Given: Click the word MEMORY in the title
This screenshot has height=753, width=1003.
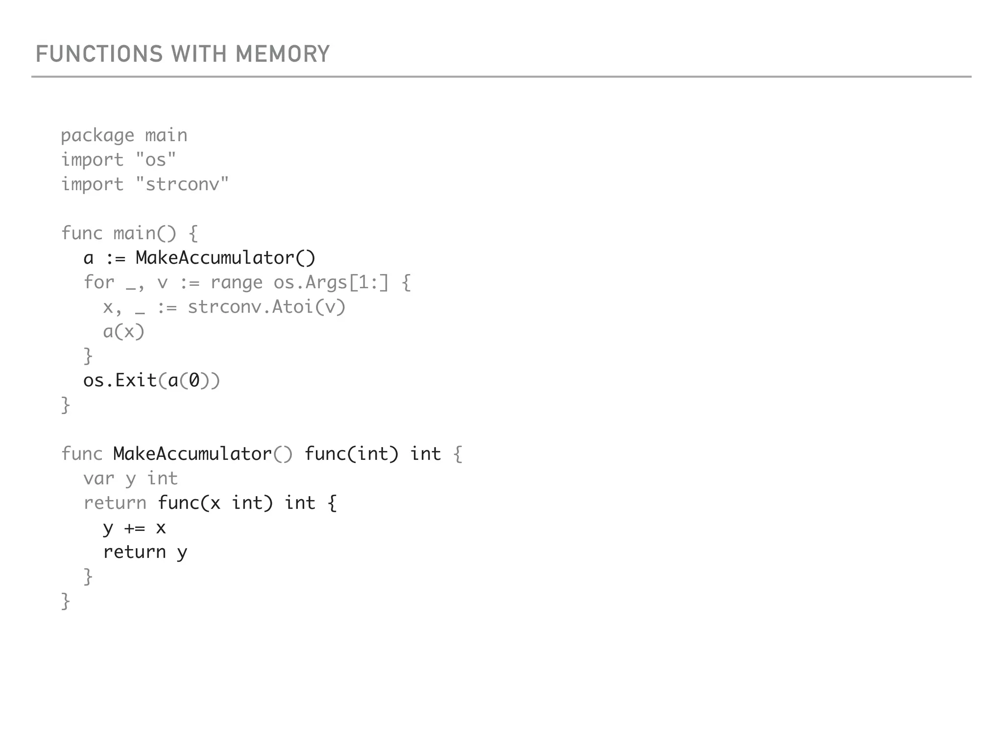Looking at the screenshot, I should (x=283, y=54).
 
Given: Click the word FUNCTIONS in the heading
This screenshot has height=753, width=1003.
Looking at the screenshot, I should (x=99, y=54).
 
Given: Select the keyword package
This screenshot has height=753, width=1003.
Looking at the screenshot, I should (x=97, y=136).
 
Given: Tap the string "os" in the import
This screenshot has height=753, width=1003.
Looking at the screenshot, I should (x=156, y=160).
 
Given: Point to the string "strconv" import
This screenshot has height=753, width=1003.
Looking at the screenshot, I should (x=182, y=184).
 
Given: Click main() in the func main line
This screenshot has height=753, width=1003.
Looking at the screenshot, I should (x=144, y=233).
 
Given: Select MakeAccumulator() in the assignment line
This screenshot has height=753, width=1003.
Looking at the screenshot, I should (x=226, y=258).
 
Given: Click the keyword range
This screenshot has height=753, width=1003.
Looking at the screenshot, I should (x=237, y=283).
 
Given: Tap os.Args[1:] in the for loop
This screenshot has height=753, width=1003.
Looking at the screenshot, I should (x=331, y=283).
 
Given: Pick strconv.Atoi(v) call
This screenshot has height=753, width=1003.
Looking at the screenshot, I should (x=267, y=307).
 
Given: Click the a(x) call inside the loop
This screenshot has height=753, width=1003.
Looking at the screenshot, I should (x=124, y=332).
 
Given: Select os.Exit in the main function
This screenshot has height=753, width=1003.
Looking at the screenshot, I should (x=120, y=381).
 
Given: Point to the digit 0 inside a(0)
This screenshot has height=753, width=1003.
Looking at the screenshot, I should (x=194, y=381).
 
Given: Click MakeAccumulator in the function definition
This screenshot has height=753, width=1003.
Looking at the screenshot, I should (x=192, y=454).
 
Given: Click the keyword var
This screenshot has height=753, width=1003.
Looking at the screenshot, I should (x=99, y=478).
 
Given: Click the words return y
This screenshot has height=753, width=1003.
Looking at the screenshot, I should (x=145, y=552).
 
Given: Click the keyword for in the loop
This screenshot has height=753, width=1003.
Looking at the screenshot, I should (x=99, y=283).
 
